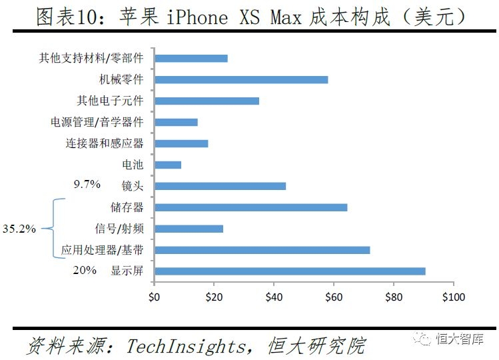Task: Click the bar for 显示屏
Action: (x=290, y=271)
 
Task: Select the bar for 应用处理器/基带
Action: (x=262, y=250)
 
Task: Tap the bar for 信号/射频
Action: (x=189, y=229)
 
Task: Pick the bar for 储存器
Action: (x=250, y=207)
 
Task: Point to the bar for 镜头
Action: (x=220, y=186)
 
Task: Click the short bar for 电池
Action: (x=167, y=165)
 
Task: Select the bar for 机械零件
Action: (x=241, y=79)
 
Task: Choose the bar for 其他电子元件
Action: (x=207, y=101)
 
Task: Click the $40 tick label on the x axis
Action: (x=274, y=296)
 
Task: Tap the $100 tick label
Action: (x=453, y=296)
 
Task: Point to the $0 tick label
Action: (x=154, y=296)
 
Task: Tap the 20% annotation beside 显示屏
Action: (x=85, y=270)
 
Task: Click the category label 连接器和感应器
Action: (x=105, y=143)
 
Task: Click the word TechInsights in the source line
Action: (x=189, y=346)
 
